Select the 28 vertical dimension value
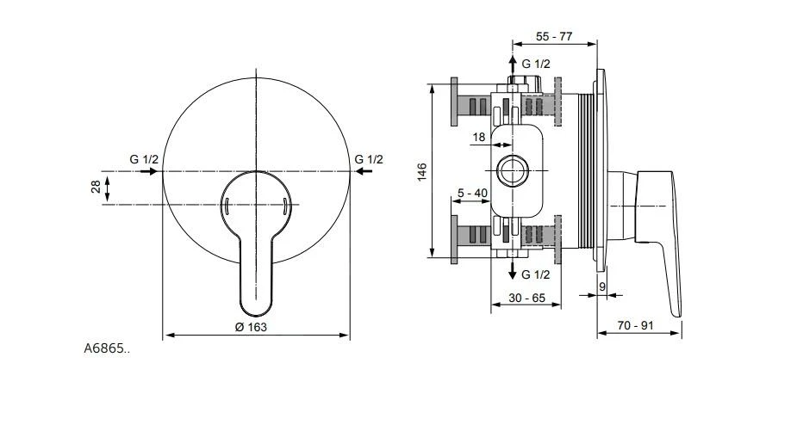(95, 188)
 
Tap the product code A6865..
(107, 348)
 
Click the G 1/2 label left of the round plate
(145, 159)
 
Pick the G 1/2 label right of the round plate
(369, 159)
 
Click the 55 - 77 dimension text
(554, 37)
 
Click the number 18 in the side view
(479, 136)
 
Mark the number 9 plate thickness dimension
(601, 286)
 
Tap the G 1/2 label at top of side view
(536, 64)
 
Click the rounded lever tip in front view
(256, 305)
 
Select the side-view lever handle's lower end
(675, 310)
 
